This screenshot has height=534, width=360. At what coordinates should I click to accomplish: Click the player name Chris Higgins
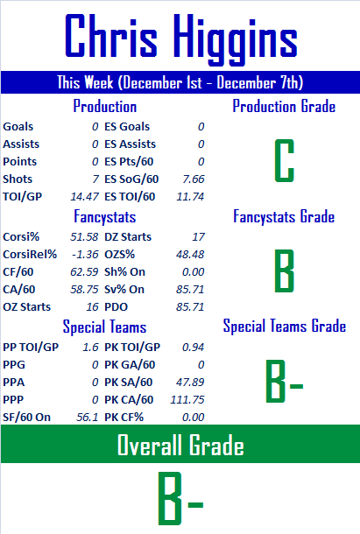coord(181,39)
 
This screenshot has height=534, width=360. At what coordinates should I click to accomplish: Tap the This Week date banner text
coord(180,82)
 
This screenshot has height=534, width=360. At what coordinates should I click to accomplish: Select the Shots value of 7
coord(95,179)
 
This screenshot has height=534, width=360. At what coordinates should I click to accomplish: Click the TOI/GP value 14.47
coord(85,196)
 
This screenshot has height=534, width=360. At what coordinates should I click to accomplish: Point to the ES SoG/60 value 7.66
coord(194,179)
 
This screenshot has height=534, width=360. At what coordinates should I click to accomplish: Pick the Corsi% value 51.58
coord(84,236)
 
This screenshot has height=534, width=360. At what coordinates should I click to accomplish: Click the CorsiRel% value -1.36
coord(85,255)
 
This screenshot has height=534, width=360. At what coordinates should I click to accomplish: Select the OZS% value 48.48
coord(190,255)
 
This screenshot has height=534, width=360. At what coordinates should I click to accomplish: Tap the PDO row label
coord(116,307)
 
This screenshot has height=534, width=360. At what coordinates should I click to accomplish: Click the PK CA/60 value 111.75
coord(187,399)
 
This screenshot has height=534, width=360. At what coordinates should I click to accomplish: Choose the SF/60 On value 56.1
coord(88,418)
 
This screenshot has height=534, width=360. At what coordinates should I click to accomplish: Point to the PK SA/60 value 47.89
coord(190,382)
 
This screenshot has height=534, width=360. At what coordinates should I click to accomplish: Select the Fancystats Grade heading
coord(284,216)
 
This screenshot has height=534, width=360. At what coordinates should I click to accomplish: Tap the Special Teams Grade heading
coord(285,326)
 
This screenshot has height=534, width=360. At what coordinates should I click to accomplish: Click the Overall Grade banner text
coord(180,445)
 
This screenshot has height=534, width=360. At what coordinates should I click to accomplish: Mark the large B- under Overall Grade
coord(180,498)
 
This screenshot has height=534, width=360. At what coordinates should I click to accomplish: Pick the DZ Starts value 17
coord(199,236)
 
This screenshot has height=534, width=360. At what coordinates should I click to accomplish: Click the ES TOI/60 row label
coord(130,196)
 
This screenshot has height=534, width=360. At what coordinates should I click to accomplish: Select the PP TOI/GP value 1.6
coord(90,347)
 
